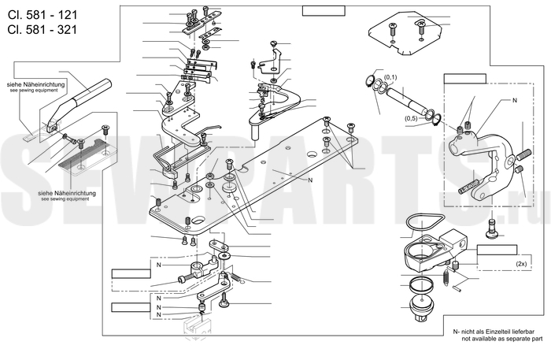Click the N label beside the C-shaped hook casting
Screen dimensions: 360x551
[515, 102]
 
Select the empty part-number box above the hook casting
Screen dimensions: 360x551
[464, 78]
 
